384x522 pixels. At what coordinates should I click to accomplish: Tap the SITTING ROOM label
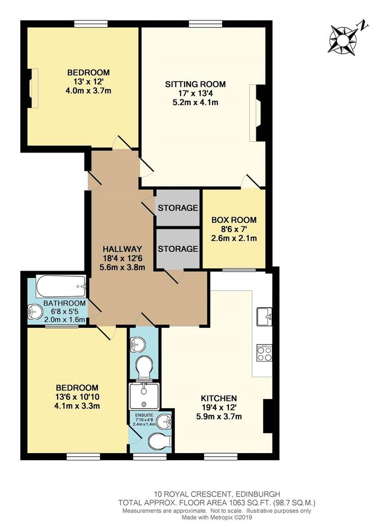tap(195, 84)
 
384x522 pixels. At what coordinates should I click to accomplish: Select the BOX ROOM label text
tap(234, 220)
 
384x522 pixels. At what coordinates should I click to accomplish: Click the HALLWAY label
tap(122, 249)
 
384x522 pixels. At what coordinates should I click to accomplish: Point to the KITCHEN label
tap(219, 398)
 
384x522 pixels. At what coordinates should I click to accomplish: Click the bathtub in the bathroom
tap(61, 286)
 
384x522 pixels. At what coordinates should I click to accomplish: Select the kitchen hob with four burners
tap(265, 353)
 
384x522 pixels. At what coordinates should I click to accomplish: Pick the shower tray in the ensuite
tap(144, 396)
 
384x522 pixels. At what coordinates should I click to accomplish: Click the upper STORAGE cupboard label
tap(178, 208)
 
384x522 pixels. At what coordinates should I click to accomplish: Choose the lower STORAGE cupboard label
tap(178, 249)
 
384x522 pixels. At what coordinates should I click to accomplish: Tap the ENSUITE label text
tap(144, 415)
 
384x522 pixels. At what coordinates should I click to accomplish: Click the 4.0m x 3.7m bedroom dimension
tap(88, 91)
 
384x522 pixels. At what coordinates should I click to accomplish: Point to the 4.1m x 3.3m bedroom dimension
tap(77, 406)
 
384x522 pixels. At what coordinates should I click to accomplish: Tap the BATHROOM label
tap(65, 303)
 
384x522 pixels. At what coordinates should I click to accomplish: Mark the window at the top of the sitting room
tap(205, 23)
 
